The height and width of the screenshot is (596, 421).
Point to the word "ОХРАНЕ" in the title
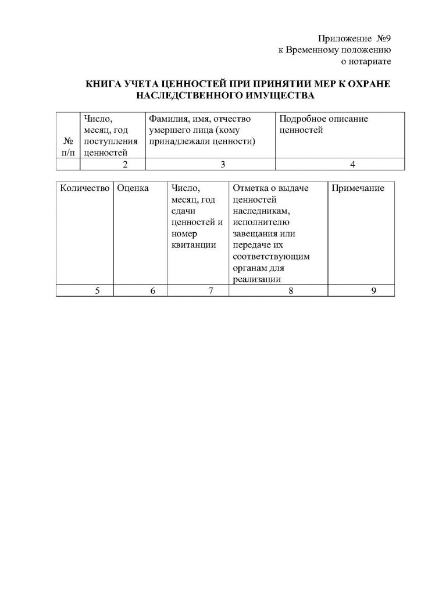pos(369,84)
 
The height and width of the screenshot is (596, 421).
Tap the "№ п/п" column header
pos(69,147)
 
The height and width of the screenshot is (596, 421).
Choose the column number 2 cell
pos(124,165)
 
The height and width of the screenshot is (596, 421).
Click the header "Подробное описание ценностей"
pos(323,124)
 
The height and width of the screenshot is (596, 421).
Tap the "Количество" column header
pos(84,188)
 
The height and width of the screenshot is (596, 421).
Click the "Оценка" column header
pos(133,188)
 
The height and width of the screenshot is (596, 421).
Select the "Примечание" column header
pos(358,188)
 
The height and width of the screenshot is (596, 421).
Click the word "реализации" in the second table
pos(257,279)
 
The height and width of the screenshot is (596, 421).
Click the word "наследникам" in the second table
pos(261,211)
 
